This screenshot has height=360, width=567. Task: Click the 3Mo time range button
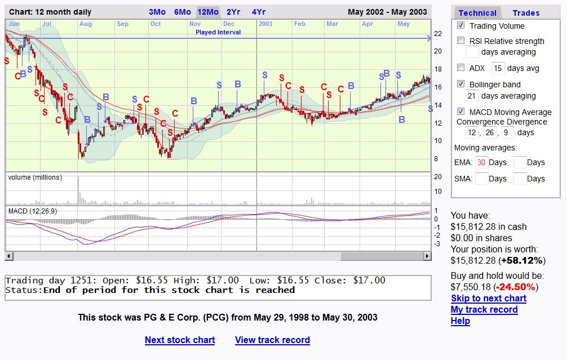point(157,12)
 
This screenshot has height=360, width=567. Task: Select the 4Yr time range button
point(259,12)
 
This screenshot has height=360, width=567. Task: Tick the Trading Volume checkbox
point(460,25)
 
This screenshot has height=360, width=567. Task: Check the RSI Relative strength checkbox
point(460,41)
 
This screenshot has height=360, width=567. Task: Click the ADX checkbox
point(460,68)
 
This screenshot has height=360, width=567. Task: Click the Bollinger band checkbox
point(460,84)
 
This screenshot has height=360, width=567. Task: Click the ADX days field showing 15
point(498,68)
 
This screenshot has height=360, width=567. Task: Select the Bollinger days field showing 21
point(472,96)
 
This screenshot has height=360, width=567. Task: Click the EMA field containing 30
point(481,162)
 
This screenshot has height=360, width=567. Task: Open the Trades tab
point(526,13)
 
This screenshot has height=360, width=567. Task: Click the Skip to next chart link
point(489,298)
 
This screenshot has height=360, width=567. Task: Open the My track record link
point(484,310)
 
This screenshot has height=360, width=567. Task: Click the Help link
point(460,321)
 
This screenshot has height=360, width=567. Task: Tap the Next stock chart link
point(180,340)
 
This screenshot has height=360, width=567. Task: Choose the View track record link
point(272,340)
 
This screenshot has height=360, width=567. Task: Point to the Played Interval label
point(218,32)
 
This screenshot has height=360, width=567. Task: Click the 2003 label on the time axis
point(265,24)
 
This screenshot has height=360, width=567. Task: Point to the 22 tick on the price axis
point(438,34)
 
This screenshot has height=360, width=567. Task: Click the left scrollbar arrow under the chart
point(9,256)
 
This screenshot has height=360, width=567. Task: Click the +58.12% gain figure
point(522,261)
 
